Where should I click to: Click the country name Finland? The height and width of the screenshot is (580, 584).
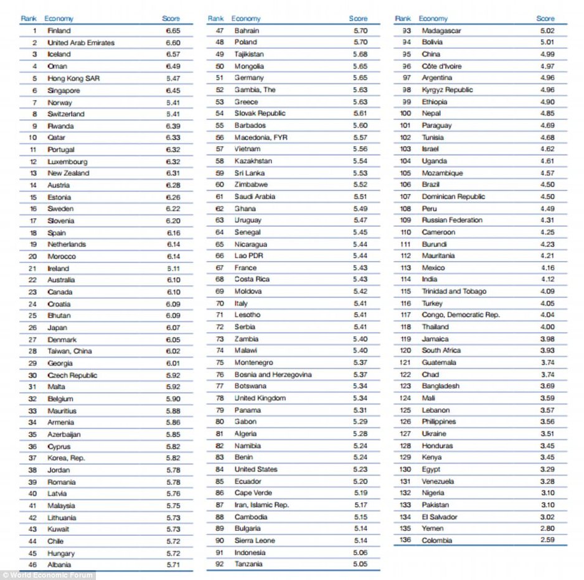59,30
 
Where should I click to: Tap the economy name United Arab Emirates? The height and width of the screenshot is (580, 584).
81,42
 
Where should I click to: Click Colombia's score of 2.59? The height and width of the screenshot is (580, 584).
547,540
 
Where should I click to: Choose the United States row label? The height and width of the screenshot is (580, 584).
256,469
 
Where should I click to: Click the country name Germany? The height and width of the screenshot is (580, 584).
249,78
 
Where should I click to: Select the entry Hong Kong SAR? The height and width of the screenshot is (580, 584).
73,78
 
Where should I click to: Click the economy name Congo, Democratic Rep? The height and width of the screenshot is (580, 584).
461,315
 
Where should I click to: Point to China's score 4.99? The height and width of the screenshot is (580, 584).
547,54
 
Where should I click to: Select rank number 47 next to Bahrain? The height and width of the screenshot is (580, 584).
220,30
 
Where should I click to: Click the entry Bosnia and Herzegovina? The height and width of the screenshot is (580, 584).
273,374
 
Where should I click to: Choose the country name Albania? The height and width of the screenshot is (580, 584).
59,564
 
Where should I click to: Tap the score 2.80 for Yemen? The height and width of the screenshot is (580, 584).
547,528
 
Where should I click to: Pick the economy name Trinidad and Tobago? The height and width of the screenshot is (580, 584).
454,291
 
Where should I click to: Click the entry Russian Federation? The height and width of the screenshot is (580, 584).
452,220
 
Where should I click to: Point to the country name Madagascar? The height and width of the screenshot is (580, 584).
441,30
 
